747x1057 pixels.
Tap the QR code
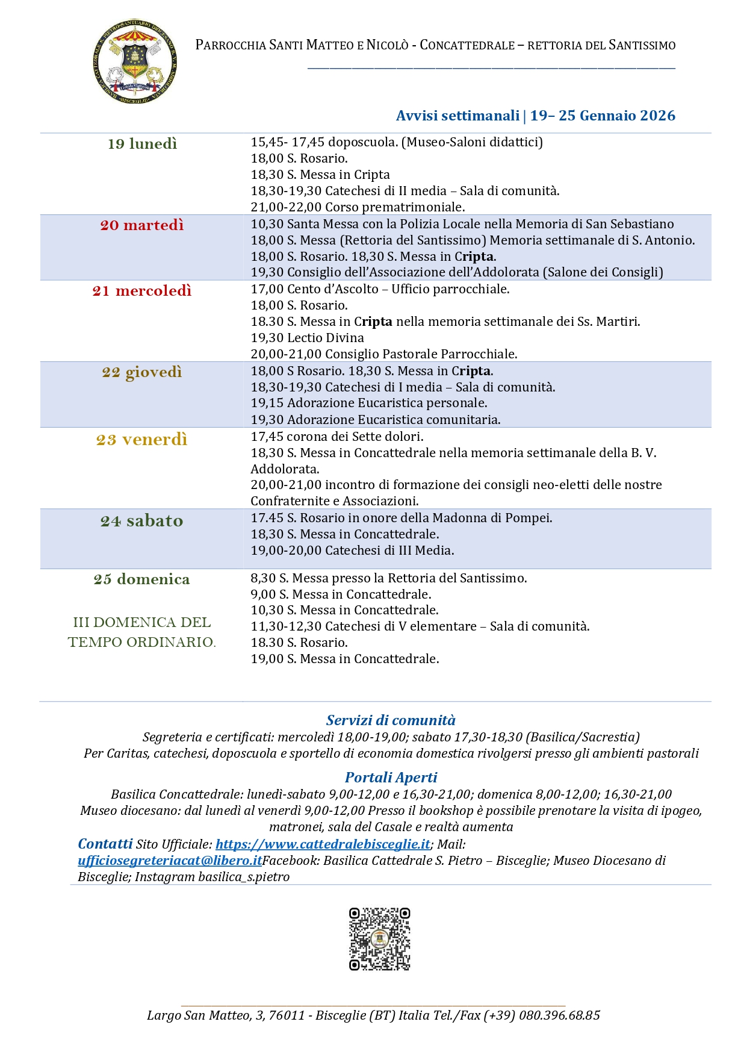pos(379,939)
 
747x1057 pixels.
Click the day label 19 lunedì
pos(142,144)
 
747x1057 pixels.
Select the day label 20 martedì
pos(142,225)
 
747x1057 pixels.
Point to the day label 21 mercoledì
pos(142,291)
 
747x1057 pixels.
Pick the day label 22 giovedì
pos(142,372)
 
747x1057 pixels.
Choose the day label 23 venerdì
pos(142,440)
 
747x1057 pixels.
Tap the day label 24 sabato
pos(142,521)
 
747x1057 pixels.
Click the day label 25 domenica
pos(142,579)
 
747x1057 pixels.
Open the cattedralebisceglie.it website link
pos(323,844)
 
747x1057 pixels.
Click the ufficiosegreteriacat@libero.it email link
pos(170,861)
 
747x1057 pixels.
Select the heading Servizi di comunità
pos(391,720)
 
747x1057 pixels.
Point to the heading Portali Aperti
pos(391,778)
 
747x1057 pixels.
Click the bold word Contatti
pos(105,844)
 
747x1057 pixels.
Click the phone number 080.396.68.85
pos(559,1015)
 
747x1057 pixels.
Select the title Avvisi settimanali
pos(457,116)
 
